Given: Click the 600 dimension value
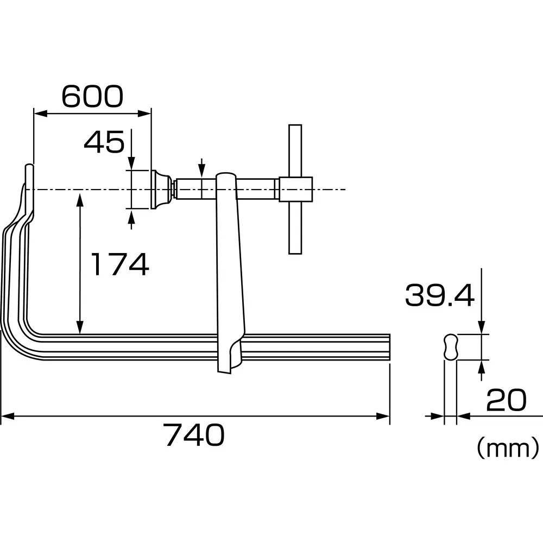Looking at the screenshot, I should pyautogui.click(x=92, y=97).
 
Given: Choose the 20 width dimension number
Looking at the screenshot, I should pyautogui.click(x=506, y=401).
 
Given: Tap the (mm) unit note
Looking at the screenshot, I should pyautogui.click(x=507, y=449).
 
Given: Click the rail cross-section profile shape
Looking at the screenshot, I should pyautogui.click(x=450, y=346).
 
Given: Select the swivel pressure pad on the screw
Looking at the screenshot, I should pyautogui.click(x=161, y=188).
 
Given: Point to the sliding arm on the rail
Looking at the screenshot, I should pyautogui.click(x=229, y=271).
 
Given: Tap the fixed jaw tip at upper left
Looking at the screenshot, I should pyautogui.click(x=29, y=176).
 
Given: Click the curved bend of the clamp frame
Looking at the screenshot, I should pyautogui.click(x=16, y=331).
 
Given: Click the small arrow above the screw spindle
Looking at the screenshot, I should pyautogui.click(x=201, y=168).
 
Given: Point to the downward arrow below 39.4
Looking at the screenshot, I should pyautogui.click(x=481, y=326).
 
